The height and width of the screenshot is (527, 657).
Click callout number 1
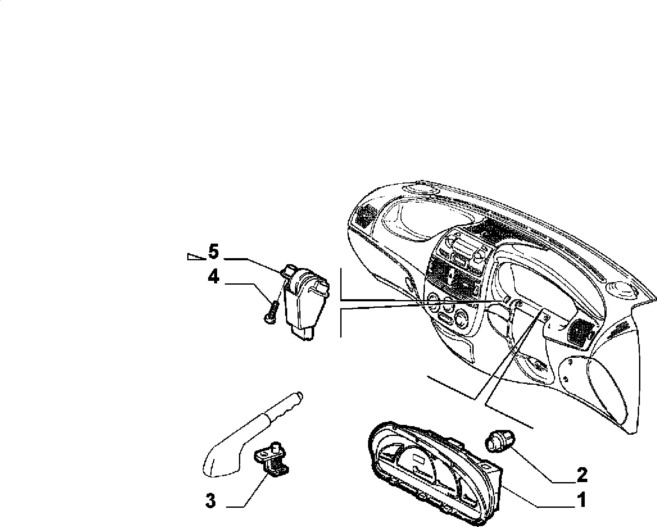pyautogui.click(x=581, y=500)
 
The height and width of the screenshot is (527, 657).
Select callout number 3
pyautogui.click(x=210, y=501)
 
